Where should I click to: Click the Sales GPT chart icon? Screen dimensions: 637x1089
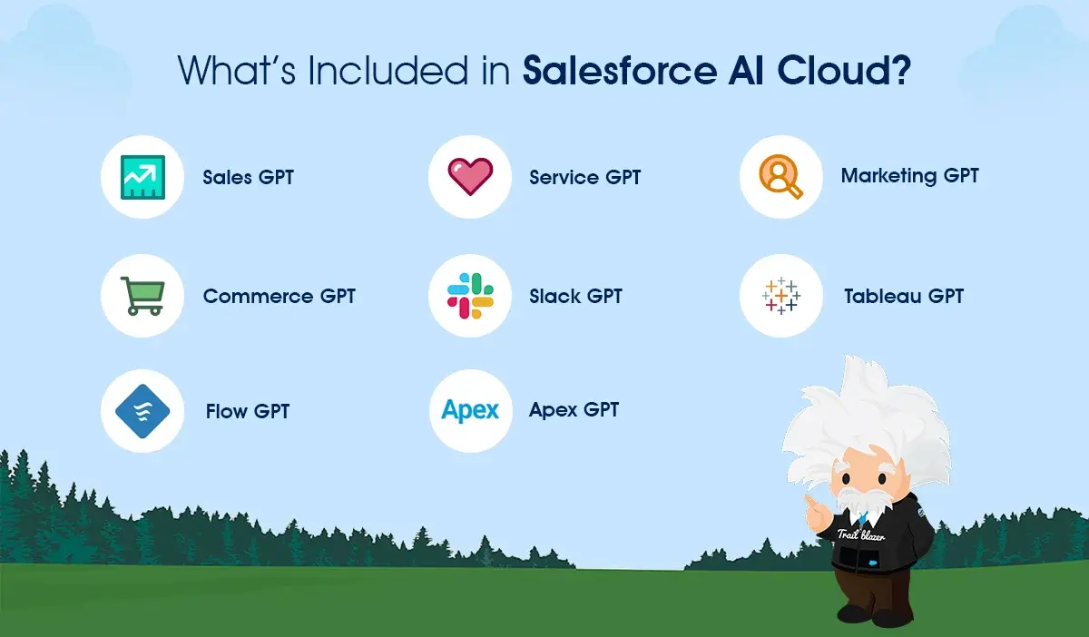pyautogui.click(x=142, y=177)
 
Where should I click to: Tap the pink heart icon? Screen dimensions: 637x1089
pyautogui.click(x=470, y=176)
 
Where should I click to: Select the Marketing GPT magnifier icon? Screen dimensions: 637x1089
pyautogui.click(x=781, y=177)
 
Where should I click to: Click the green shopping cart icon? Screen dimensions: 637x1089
pyautogui.click(x=143, y=296)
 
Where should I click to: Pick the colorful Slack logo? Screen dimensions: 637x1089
pyautogui.click(x=470, y=296)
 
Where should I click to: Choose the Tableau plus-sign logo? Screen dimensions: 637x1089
pyautogui.click(x=781, y=296)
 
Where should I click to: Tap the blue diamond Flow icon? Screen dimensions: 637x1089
pyautogui.click(x=142, y=411)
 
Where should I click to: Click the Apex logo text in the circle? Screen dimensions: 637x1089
pyautogui.click(x=470, y=410)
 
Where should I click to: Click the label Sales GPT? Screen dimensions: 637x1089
pyautogui.click(x=248, y=177)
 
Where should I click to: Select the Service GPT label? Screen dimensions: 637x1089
pyautogui.click(x=584, y=177)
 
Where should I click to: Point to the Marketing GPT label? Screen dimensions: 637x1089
pyautogui.click(x=909, y=176)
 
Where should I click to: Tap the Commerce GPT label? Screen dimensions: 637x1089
pyautogui.click(x=279, y=296)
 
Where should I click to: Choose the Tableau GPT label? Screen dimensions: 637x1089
pyautogui.click(x=903, y=296)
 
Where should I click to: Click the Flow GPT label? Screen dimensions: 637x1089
pyautogui.click(x=247, y=411)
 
